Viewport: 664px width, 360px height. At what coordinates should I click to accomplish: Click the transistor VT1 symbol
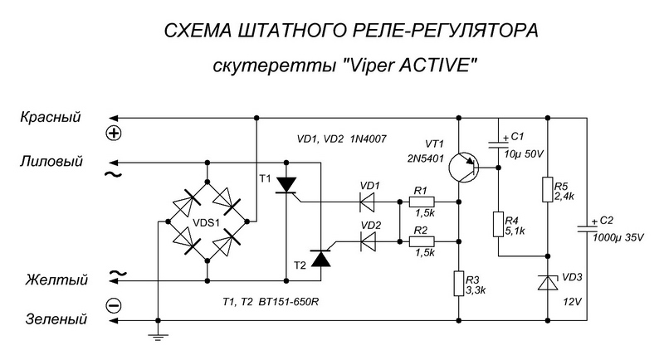(464, 168)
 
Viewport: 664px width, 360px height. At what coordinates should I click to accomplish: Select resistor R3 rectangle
(459, 284)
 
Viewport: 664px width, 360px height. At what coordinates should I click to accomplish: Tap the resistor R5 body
(548, 190)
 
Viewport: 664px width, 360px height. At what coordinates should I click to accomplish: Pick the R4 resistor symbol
(499, 224)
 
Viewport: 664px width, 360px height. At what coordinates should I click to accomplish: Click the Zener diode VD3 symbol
(548, 282)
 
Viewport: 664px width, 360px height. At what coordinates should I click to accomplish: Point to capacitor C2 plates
(588, 229)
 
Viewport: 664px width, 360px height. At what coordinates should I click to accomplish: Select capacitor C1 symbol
(499, 144)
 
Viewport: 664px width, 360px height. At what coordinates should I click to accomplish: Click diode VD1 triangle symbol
(367, 202)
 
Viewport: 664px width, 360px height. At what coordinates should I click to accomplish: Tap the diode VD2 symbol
(367, 242)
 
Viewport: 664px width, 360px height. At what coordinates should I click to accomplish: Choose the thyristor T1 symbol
(286, 186)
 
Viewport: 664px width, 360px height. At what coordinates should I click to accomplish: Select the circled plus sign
(114, 134)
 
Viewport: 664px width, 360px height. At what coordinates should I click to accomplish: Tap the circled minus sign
(114, 305)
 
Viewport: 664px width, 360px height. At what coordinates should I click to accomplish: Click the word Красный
(51, 117)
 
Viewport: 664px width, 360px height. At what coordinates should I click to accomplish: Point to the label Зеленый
(56, 319)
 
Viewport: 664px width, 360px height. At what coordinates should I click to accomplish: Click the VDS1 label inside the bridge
(206, 222)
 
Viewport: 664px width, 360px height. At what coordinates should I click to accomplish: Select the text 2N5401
(426, 158)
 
